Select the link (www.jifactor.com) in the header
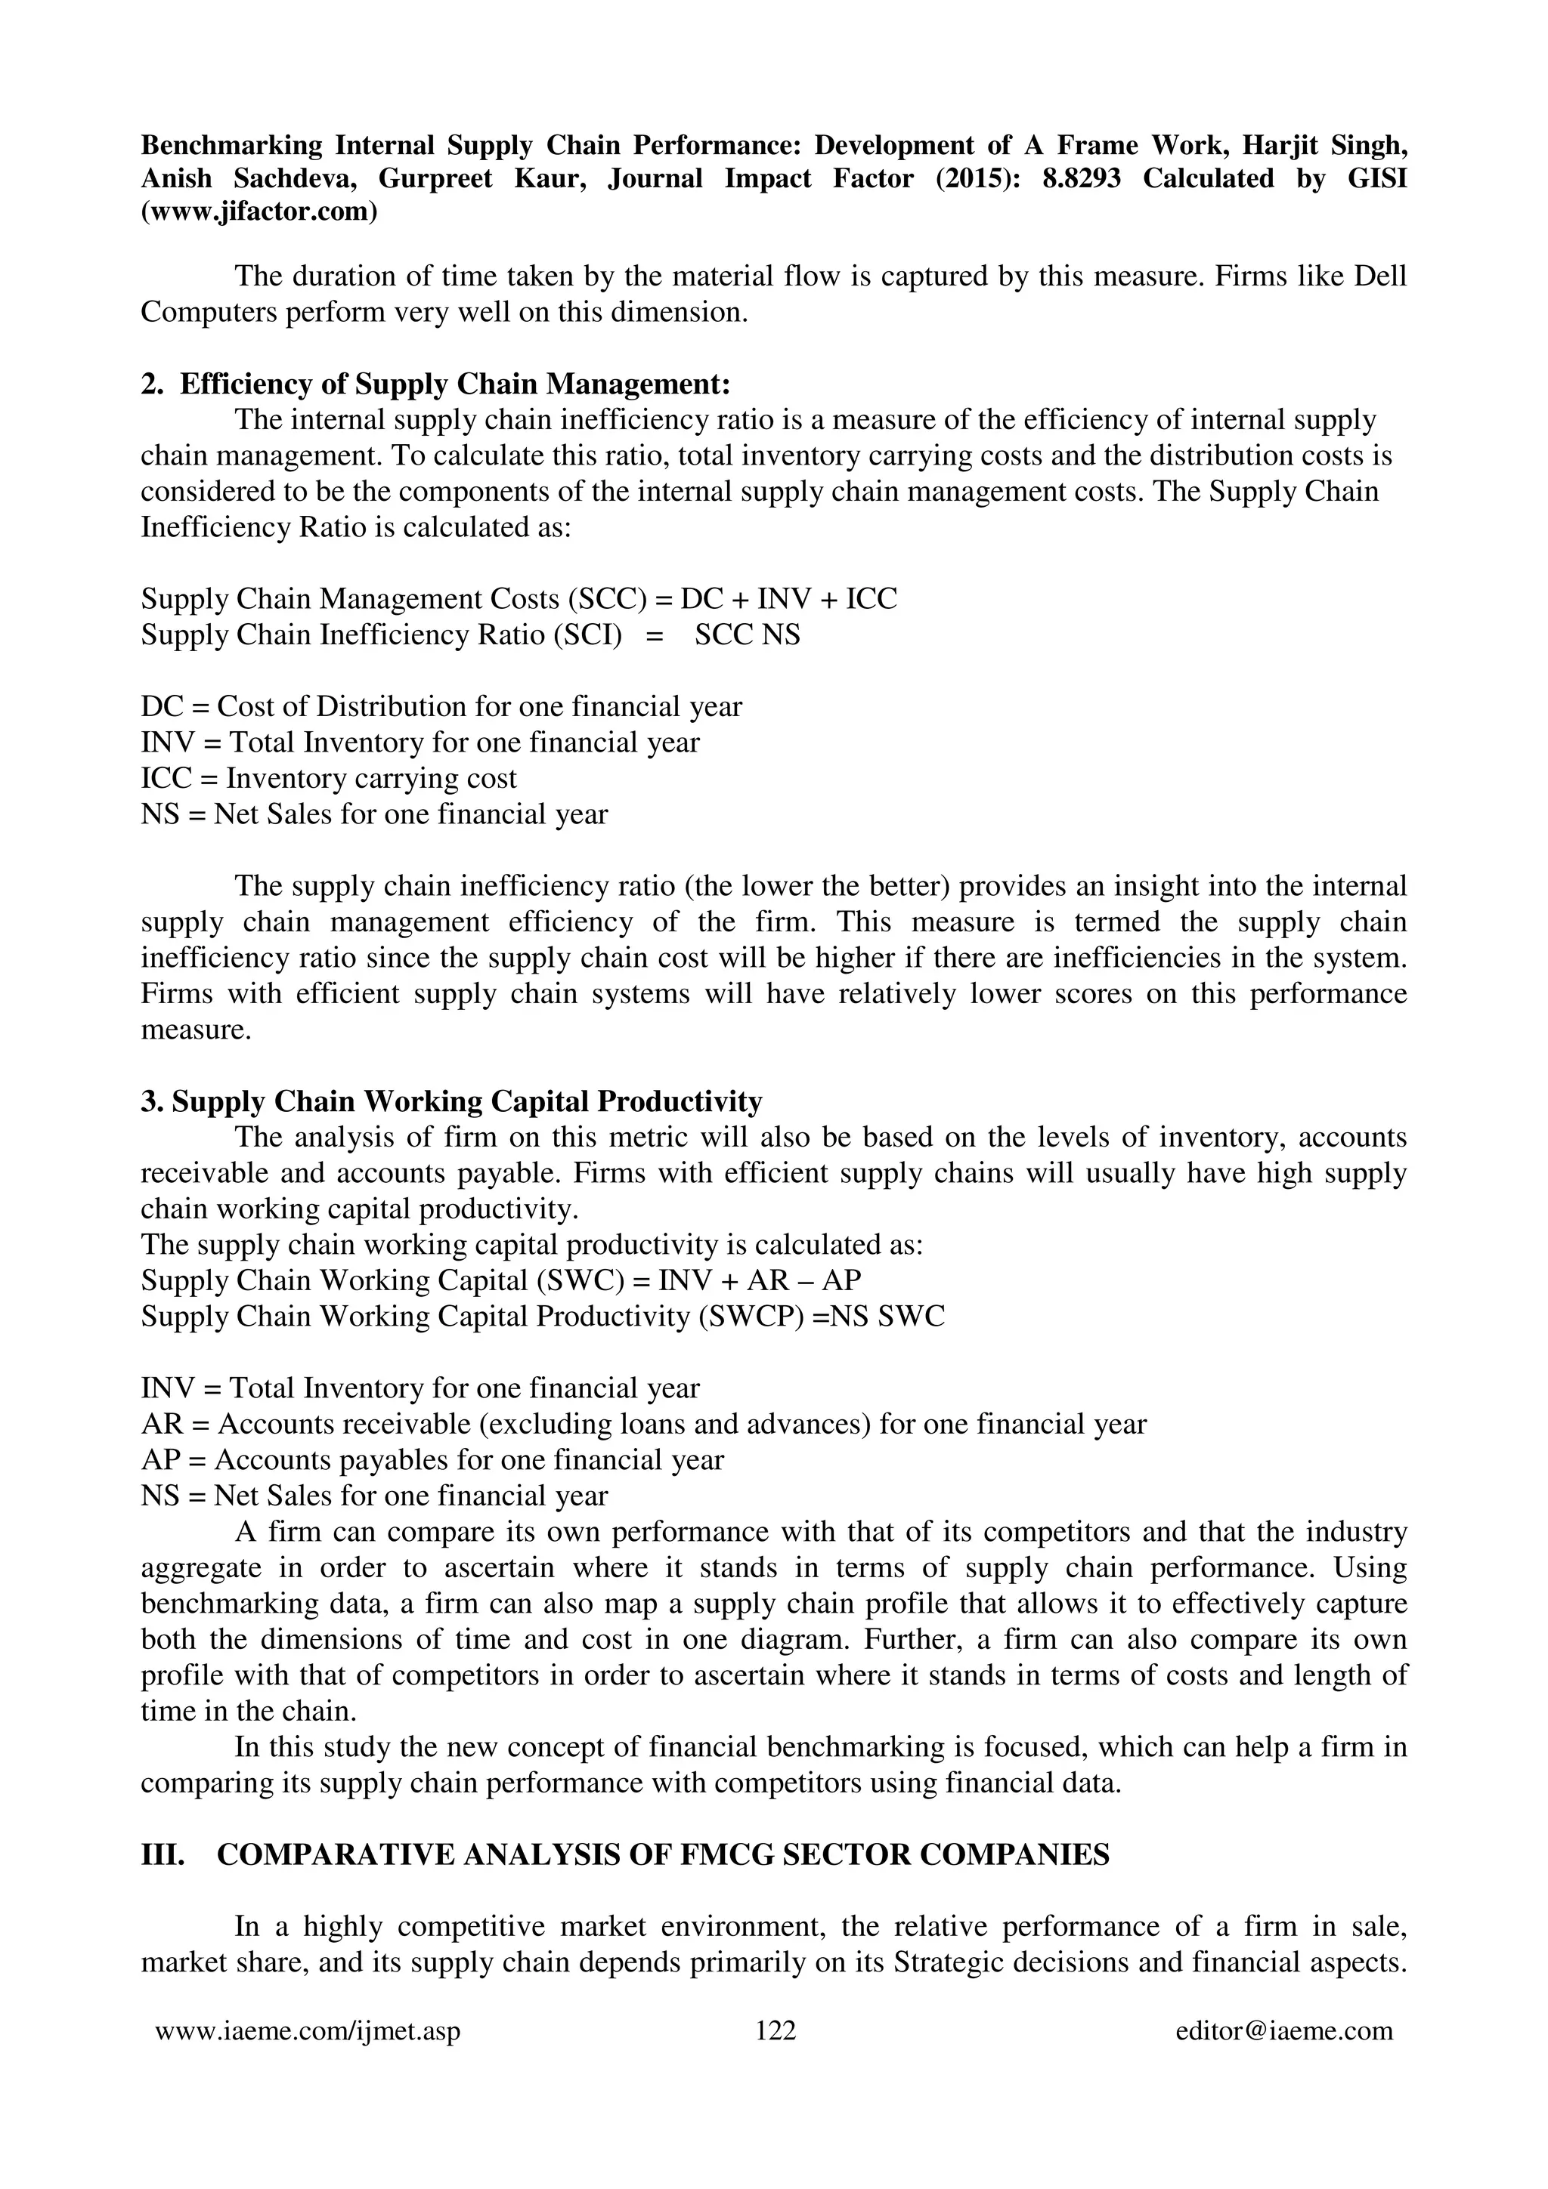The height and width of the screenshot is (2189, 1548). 259,211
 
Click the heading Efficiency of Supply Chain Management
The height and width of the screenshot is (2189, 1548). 455,384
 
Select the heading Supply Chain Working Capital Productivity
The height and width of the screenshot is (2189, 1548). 466,1101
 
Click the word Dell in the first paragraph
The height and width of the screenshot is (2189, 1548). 1380,276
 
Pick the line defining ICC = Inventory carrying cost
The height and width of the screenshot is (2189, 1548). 329,778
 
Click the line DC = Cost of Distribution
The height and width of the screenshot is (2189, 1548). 441,706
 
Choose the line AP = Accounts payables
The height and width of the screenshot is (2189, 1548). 432,1459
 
